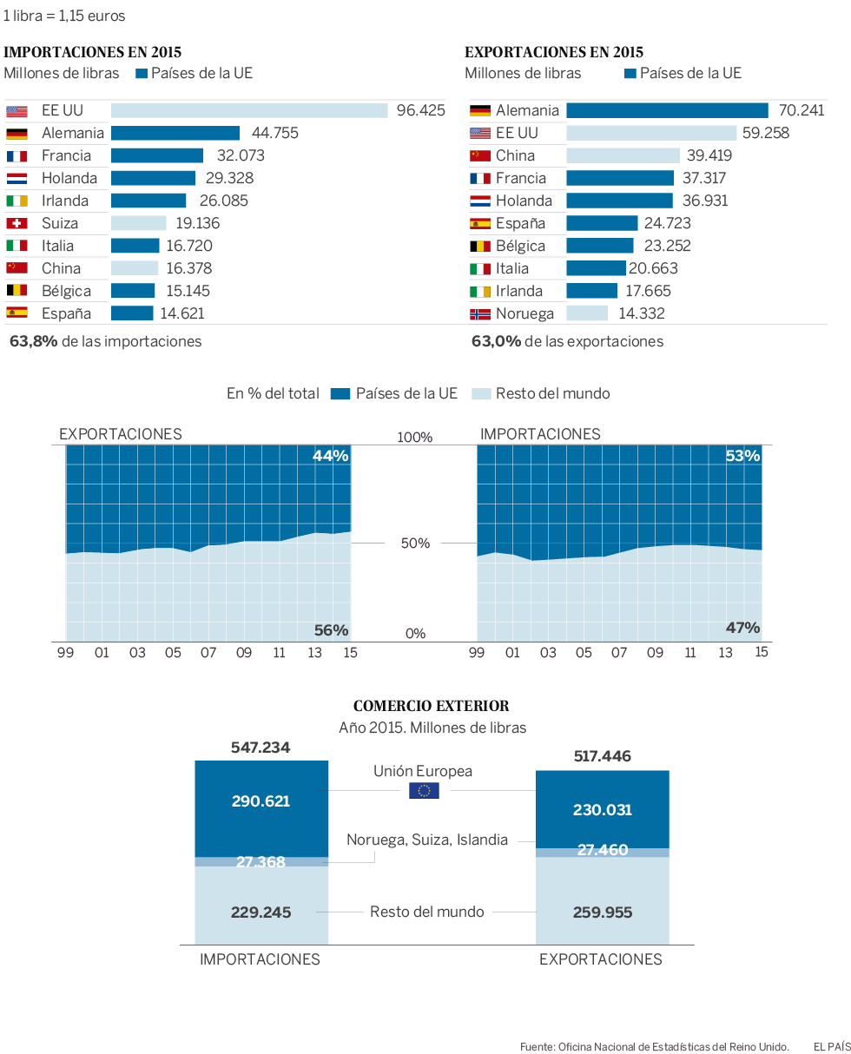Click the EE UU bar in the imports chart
click(x=249, y=110)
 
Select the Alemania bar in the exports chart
click(x=667, y=110)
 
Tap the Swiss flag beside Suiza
click(x=16, y=223)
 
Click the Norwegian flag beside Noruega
click(x=480, y=313)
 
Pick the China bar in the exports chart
click(x=623, y=155)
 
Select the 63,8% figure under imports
click(x=34, y=341)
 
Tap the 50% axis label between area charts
click(x=415, y=543)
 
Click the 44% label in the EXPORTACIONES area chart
click(x=330, y=456)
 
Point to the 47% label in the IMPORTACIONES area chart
click(x=742, y=628)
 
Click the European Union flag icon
click(x=424, y=790)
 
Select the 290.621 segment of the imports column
click(x=261, y=800)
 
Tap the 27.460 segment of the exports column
click(x=603, y=851)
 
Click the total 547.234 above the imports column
click(x=261, y=748)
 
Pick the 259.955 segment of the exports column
click(x=603, y=912)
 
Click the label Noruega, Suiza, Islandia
click(x=427, y=840)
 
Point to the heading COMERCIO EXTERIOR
click(x=432, y=706)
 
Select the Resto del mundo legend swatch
click(x=481, y=393)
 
